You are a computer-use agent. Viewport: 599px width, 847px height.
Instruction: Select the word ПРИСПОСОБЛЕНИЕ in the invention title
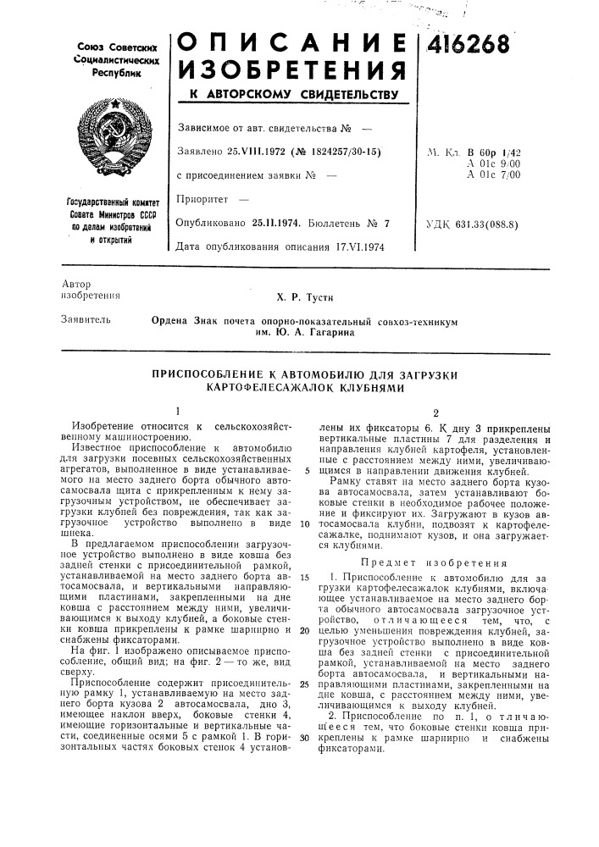coord(202,373)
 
